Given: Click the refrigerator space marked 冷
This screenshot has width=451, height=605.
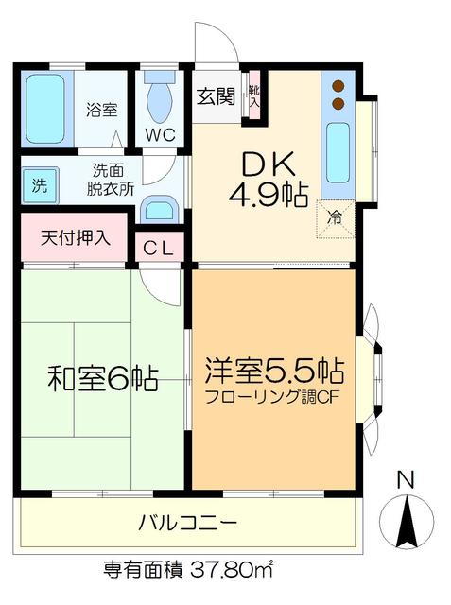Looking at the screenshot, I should tap(336, 217).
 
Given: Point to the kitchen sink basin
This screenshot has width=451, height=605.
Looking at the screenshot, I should tap(338, 151).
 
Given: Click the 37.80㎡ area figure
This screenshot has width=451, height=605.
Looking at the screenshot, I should tap(231, 570).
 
